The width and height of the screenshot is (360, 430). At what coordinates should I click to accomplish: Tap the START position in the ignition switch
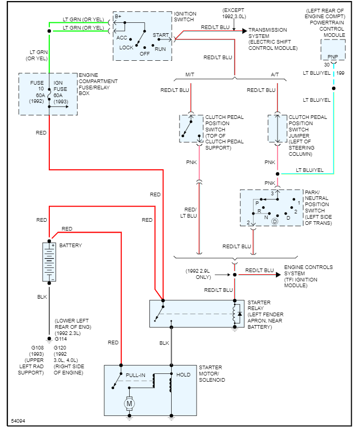point(160,35)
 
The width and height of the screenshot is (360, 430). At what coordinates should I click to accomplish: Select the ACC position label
point(121,37)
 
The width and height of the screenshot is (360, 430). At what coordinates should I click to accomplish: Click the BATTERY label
point(71,245)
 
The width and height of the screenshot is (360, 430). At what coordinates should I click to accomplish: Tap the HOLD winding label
point(184,374)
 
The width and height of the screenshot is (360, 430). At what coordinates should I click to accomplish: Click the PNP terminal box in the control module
point(332,57)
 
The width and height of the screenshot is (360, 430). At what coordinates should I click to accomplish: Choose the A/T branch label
point(275,75)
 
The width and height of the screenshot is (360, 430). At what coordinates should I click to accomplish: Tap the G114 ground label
point(61,339)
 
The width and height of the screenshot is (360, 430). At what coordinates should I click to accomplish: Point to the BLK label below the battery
point(42,297)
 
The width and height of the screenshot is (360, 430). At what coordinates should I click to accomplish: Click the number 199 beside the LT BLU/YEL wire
point(340,73)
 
